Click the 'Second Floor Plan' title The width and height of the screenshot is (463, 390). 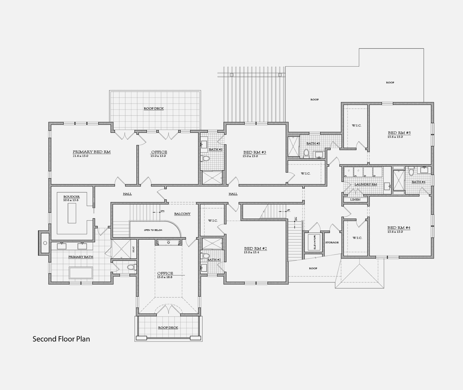tap(61, 339)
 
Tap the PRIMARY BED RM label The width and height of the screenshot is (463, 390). tap(91, 152)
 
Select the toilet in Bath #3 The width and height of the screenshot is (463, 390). tap(205, 159)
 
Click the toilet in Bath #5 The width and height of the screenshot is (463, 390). tap(306, 154)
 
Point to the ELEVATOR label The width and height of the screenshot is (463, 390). tap(315, 242)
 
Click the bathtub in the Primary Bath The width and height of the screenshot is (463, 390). tap(81, 273)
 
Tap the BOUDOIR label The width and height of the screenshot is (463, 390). tap(71, 197)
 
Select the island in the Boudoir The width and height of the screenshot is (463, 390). tap(72, 213)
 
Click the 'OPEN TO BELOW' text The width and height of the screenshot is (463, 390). tap(153, 230)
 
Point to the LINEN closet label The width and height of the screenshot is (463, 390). tap(355, 200)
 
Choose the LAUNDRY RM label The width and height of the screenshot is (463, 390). tap(366, 184)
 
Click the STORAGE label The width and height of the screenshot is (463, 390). tap(332, 242)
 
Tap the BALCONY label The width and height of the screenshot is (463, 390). tap(182, 214)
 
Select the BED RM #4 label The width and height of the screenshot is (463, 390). tap(399, 228)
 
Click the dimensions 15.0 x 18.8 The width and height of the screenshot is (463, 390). tap(165, 277)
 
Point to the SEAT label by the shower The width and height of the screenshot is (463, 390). tap(133, 249)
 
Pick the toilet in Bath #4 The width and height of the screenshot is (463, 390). tap(411, 172)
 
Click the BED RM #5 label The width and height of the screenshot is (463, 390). tap(399, 133)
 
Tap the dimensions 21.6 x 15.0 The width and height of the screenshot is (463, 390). tap(80, 156)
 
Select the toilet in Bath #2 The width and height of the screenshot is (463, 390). tap(205, 255)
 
